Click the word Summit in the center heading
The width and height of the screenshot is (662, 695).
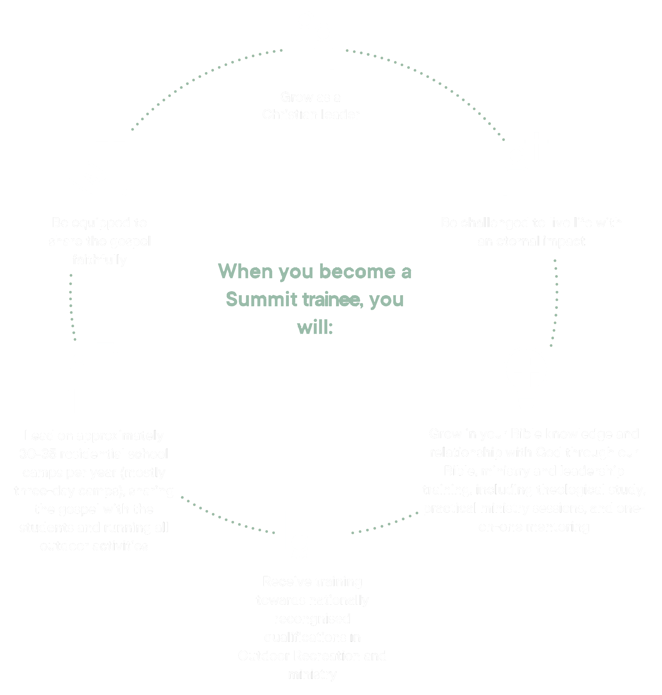point(261,299)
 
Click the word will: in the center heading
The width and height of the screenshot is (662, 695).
point(315,327)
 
